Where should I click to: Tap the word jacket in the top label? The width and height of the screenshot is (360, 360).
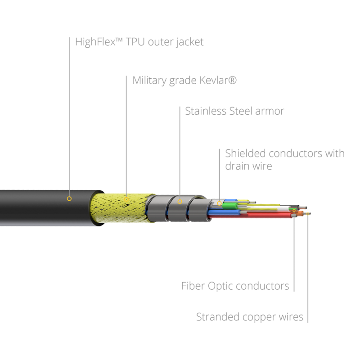(189, 42)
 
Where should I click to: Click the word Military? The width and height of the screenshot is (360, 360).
(149, 81)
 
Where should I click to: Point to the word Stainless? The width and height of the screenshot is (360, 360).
(206, 111)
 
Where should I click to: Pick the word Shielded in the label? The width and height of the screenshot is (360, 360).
(245, 153)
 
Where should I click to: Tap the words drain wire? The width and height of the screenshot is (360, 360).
(248, 166)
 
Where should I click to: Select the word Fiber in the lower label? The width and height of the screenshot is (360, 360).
(193, 286)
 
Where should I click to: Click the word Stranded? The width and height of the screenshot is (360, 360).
(218, 317)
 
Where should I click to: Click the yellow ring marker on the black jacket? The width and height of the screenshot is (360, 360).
(69, 198)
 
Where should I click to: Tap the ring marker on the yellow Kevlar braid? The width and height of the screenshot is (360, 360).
(126, 199)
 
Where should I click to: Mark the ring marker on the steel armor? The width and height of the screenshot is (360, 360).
(180, 202)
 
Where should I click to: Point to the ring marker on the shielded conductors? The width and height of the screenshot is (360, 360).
(219, 203)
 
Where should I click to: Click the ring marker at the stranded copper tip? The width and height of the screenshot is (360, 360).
(308, 214)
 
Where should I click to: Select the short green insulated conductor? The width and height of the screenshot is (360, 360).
(230, 205)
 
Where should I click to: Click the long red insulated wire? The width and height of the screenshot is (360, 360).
(250, 216)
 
